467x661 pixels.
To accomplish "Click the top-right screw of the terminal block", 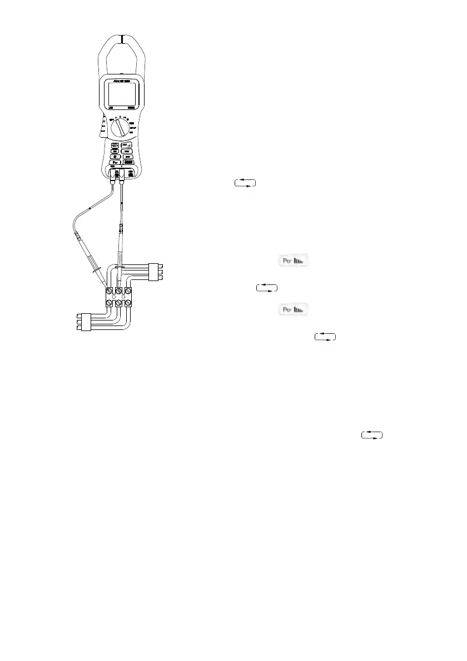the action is coord(129,291).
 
